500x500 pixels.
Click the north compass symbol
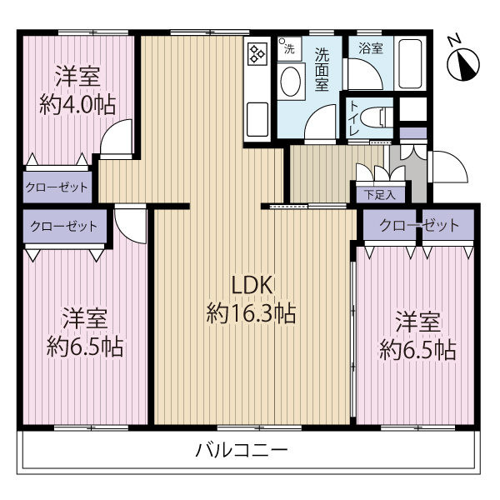(x=460, y=61)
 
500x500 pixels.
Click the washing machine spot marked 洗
(x=287, y=48)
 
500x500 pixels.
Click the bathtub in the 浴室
(x=409, y=63)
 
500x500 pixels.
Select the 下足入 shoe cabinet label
(x=379, y=195)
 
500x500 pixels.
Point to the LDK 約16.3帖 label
(x=250, y=299)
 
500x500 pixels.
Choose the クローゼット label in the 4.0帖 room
(x=57, y=187)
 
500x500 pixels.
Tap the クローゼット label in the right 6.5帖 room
(x=418, y=225)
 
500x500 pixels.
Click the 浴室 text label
(x=371, y=48)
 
